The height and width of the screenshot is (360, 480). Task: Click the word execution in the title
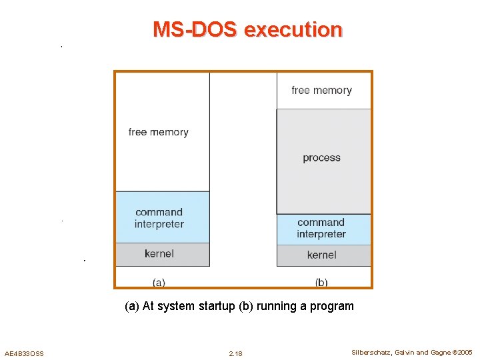tap(293, 30)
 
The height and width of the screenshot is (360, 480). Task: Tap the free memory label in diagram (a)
tap(158, 132)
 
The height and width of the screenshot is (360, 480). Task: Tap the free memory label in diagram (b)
tap(321, 90)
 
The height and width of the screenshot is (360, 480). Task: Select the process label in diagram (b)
tap(321, 158)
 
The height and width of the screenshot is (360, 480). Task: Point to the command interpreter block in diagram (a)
tap(159, 218)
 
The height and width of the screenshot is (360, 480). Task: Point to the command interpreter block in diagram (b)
tap(321, 228)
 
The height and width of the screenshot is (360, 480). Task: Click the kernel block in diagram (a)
tap(159, 253)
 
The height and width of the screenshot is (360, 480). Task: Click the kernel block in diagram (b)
tap(321, 255)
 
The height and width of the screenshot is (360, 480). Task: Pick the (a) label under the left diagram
tap(159, 282)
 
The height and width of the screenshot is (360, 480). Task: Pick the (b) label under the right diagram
tap(321, 282)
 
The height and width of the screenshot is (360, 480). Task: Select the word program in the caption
tap(333, 307)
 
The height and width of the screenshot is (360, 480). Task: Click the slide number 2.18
tap(235, 353)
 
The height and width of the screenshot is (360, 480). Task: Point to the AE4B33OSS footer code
tap(24, 353)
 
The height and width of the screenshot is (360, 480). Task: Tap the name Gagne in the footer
tap(439, 352)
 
